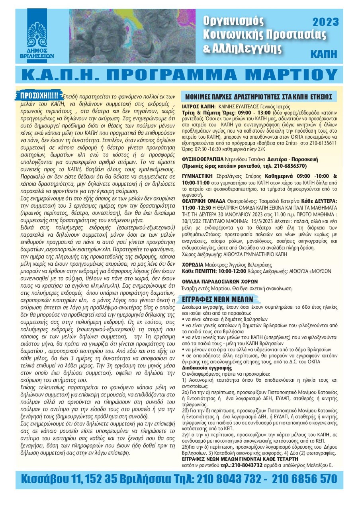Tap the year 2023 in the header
tap(325, 22)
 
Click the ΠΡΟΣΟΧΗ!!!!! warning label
tap(41, 95)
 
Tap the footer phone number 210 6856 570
tap(305, 479)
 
